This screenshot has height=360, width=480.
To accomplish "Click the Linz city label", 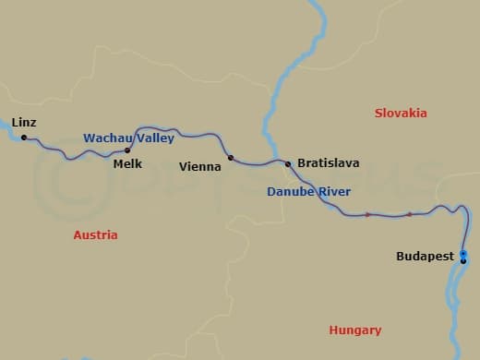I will click(24, 122).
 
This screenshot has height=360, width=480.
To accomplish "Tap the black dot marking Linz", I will click(24, 138).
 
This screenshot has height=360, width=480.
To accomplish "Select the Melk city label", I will click(127, 164).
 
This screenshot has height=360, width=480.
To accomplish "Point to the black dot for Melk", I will click(127, 150).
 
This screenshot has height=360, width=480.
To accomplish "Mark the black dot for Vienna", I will click(231, 157).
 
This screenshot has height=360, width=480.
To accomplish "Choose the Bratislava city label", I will click(328, 163).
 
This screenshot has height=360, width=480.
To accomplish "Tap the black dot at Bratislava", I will click(288, 164).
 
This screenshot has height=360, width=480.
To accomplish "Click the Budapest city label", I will click(426, 257).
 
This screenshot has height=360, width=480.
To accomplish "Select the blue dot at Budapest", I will click(463, 253).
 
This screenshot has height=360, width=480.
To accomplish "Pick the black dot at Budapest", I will click(463, 258).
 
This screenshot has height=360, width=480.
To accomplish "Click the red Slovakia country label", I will click(401, 113).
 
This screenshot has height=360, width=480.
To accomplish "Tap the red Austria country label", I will click(95, 235).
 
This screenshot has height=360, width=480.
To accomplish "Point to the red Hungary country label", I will click(354, 330).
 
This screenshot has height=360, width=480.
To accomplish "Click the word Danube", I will click(290, 192).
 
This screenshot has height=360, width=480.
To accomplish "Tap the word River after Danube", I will click(334, 192).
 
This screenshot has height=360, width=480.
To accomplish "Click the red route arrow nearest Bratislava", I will click(367, 215).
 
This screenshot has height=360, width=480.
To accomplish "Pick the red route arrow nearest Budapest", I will click(409, 214).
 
